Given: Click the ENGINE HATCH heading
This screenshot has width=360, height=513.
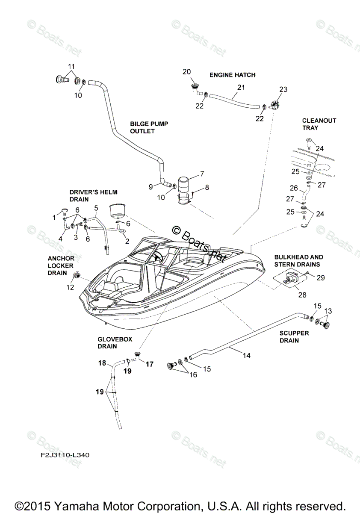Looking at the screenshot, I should coord(232,75).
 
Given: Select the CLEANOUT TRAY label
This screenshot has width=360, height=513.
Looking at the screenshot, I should coord(319,124).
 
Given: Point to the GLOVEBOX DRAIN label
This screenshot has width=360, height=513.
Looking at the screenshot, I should coord(115,342).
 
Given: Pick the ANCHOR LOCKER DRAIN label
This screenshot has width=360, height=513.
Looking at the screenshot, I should coord(61,265).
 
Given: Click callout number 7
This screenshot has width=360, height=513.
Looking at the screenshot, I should coord(202,174).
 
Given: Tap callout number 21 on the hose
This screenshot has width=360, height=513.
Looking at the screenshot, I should coord(241,87).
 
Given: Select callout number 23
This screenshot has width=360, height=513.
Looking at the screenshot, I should coord(283,89).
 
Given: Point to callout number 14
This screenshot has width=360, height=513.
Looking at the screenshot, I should coord(247,355).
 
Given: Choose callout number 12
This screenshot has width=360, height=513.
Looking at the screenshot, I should coord(70,288).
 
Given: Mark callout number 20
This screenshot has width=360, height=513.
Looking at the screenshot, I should coord(186,72).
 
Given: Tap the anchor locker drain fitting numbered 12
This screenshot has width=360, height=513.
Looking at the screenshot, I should coord(78,275).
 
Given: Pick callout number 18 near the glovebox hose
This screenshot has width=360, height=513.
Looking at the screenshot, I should coord(102,363).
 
